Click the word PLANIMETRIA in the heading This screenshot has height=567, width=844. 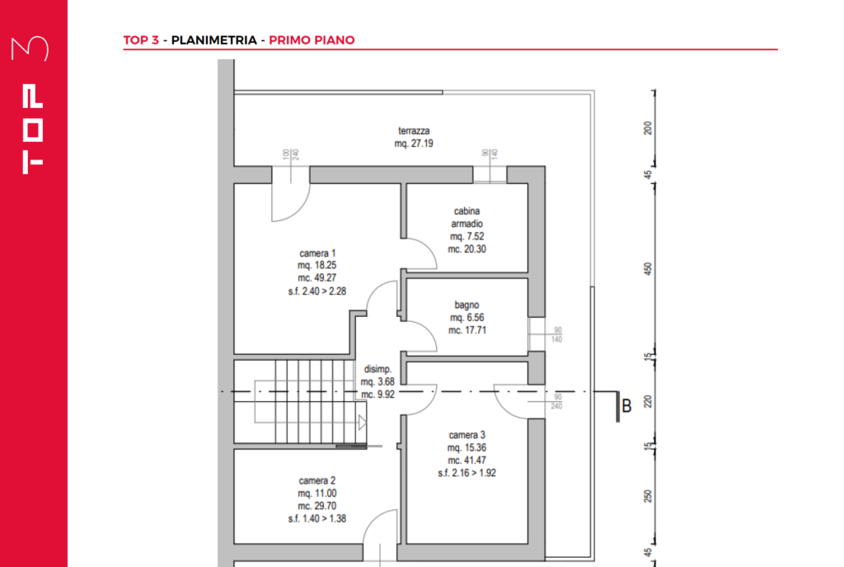tap(213, 40)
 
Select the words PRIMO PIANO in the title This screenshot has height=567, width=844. tap(312, 40)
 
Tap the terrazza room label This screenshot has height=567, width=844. tap(414, 131)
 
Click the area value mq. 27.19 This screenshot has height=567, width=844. tap(414, 144)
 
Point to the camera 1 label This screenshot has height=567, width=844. tap(317, 253)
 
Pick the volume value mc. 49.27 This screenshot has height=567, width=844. tap(317, 278)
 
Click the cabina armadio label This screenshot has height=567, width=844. tap(467, 217)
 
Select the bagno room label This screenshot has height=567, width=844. tap(467, 305)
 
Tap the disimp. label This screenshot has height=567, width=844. tap(377, 369)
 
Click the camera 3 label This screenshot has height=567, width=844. tap(467, 435)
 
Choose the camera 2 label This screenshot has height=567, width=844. tap(317, 481)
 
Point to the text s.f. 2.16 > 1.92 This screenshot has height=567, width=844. tap(467, 473)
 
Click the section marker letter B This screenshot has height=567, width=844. tap(626, 406)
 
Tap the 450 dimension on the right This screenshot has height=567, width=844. tap(648, 269)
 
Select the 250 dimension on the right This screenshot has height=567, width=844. tap(648, 496)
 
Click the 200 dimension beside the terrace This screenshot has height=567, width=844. tap(648, 128)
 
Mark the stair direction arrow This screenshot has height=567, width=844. tap(363, 423)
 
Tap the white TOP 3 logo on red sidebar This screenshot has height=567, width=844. tap(31, 105)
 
